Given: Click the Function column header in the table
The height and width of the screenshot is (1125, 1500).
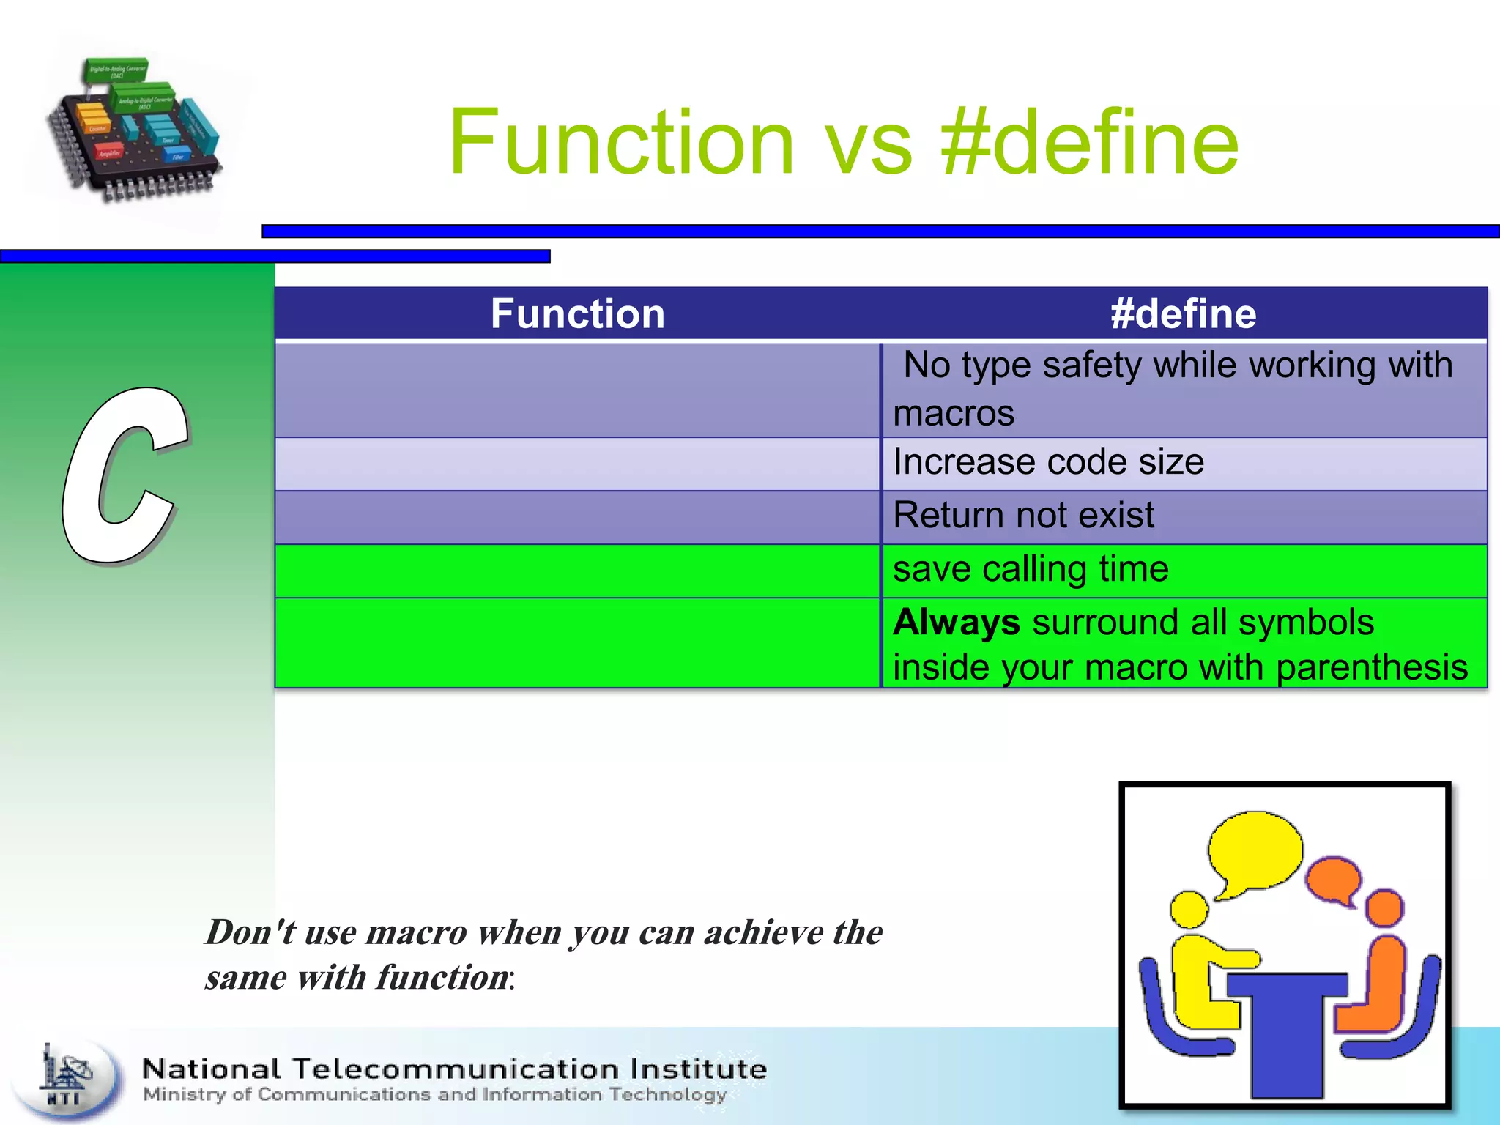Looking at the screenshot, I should [577, 314].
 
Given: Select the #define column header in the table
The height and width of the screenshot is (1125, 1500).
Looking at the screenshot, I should [1183, 314].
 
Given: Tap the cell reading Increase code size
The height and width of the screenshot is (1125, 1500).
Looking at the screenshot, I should [1048, 463].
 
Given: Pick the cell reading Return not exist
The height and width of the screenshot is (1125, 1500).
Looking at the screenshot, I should [1023, 516].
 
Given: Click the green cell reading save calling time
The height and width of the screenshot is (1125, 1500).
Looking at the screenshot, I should [1031, 569].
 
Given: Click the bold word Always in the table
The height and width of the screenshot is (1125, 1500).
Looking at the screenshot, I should [956, 623].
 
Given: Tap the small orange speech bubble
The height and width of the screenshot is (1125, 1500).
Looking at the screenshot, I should [1334, 880].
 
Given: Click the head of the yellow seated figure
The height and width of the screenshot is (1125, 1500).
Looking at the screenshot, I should [1189, 909].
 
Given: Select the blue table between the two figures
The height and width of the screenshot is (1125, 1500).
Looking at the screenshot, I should [1287, 1025].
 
